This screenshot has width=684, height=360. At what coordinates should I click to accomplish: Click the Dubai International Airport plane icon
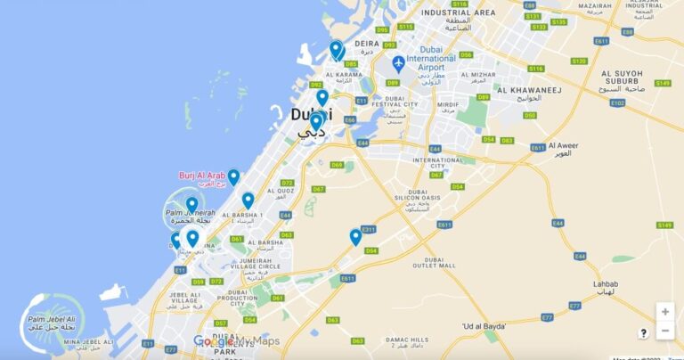(398, 63)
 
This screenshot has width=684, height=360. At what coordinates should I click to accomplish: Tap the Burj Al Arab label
(199, 176)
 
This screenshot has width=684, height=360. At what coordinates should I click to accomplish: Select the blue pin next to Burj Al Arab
(233, 176)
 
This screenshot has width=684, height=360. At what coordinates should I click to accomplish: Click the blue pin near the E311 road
(355, 236)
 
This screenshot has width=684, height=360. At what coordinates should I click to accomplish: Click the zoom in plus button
(664, 312)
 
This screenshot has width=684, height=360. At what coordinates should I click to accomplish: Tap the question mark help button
(643, 332)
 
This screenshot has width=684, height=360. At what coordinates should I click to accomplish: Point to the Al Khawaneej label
(525, 89)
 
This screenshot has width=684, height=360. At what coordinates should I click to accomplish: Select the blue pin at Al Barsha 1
(248, 200)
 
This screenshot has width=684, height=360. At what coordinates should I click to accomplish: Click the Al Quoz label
(279, 191)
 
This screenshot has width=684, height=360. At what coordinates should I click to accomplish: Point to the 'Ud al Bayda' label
(484, 327)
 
